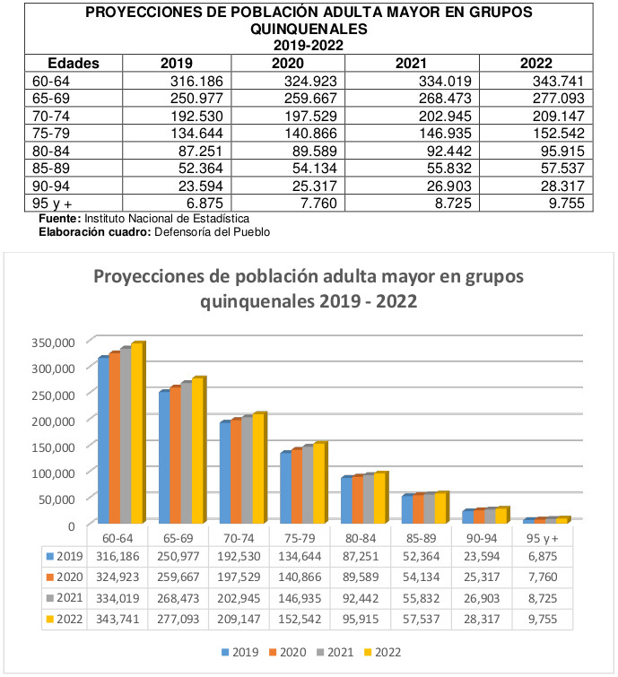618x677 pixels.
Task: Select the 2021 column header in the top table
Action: (412, 64)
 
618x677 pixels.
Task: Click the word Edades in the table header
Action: (73, 64)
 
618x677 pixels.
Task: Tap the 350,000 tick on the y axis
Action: (56, 342)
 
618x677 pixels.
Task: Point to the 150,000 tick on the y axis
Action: (56, 446)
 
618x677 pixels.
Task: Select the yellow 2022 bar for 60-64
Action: (136, 433)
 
